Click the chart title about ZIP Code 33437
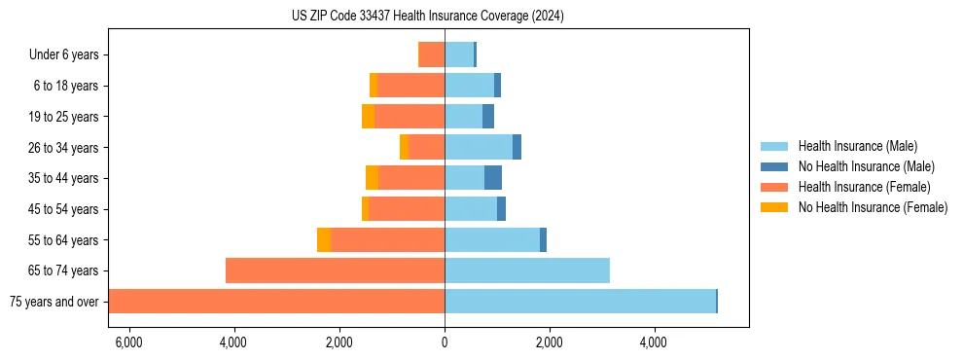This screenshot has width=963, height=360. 427,17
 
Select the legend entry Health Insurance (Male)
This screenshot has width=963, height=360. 857,147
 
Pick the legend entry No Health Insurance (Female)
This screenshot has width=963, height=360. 873,207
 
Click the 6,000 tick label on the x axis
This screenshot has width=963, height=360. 128,342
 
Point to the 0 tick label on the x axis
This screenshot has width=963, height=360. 445,342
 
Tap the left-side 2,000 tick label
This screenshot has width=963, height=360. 339,342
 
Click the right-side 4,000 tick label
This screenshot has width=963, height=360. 654,342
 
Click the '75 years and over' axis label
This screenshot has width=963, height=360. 54,302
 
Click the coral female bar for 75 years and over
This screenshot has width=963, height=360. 277,302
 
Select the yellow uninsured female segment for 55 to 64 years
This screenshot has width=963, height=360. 324,240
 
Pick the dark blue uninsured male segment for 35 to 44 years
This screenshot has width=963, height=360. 493,178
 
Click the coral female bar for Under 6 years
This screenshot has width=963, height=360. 431,55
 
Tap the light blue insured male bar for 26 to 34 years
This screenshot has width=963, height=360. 479,148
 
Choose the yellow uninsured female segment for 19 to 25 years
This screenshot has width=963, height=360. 368,117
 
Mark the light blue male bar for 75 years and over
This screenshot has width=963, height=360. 580,302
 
